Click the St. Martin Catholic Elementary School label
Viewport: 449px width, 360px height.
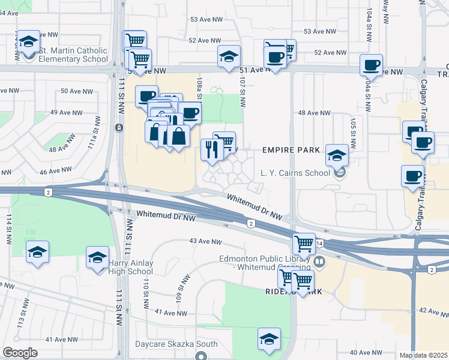coord(73,55)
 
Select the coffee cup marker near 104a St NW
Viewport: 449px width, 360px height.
coord(371,64)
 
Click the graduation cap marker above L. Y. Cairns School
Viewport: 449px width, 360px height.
coord(337,154)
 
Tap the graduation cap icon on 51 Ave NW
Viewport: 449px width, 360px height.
coord(228,56)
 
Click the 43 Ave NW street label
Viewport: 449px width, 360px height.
coord(202,241)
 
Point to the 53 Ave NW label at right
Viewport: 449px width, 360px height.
coord(319,31)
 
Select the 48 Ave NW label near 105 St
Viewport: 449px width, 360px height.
coord(314,113)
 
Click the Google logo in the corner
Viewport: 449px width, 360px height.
coord(20,353)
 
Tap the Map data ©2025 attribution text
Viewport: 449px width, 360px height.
coord(423,355)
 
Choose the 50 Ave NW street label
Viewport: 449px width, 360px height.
coord(76,91)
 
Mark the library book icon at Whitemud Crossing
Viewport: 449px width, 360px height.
coord(319,262)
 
